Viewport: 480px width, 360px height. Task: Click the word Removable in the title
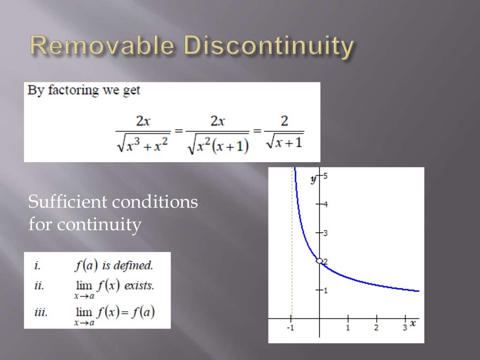click(102, 47)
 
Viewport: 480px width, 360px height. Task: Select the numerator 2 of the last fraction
click(284, 121)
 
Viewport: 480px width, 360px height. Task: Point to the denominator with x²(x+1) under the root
click(217, 143)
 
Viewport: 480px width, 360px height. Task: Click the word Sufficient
click(67, 202)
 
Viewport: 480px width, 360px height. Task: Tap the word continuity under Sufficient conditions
click(99, 225)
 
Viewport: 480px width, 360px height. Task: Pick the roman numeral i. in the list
click(37, 266)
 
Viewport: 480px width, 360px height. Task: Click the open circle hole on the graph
click(319, 261)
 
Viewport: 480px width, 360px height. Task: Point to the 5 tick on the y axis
click(324, 176)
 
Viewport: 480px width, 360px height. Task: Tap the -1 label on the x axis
click(290, 328)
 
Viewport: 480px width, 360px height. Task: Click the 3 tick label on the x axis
click(405, 328)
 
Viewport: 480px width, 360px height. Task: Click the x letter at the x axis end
click(413, 323)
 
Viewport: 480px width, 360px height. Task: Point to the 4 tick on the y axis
click(324, 204)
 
